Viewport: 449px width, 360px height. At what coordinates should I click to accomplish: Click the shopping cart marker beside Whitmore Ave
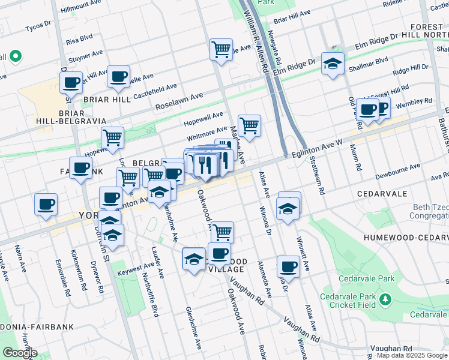(x=249, y=126)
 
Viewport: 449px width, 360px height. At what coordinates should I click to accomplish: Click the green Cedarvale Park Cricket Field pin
(x=384, y=299)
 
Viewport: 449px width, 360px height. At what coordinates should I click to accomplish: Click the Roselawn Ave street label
(x=179, y=101)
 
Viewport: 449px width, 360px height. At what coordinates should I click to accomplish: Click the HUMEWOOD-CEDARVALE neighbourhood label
(x=406, y=238)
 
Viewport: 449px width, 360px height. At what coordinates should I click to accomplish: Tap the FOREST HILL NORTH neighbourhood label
(x=429, y=32)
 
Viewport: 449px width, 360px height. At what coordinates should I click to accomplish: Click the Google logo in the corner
(x=19, y=353)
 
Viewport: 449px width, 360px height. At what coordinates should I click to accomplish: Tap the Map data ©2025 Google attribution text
(x=411, y=355)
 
